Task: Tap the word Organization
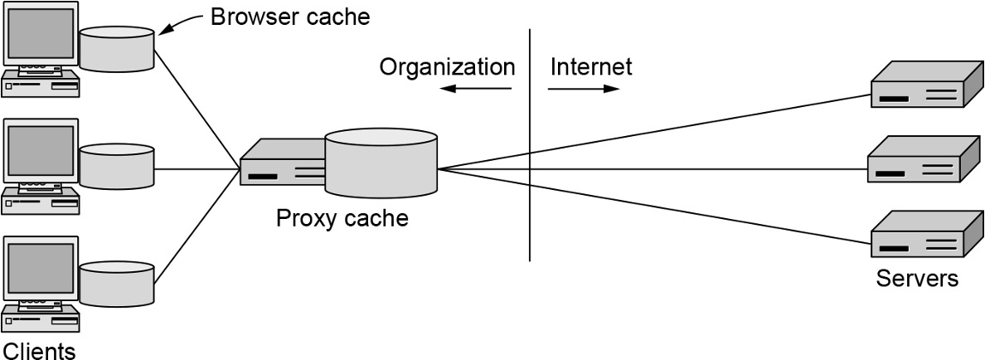point(447,66)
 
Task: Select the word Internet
point(590,66)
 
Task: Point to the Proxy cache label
point(342,219)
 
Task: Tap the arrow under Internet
point(585,89)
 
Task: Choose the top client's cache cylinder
point(117,49)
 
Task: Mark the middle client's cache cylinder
point(117,166)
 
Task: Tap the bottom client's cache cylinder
point(117,283)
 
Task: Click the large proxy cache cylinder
point(381,165)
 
